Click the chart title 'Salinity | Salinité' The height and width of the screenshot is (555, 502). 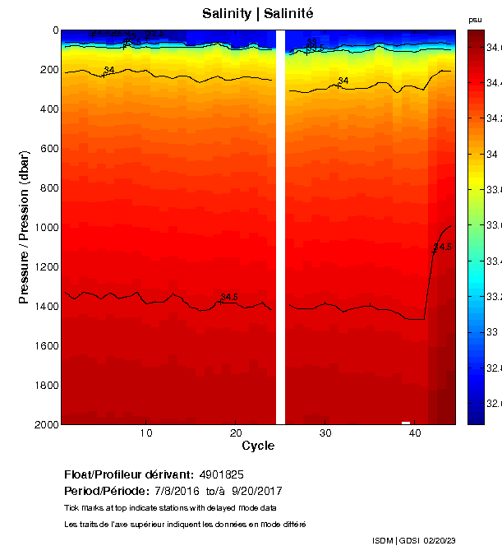tap(257, 14)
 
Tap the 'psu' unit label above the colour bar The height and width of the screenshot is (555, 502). tap(475, 20)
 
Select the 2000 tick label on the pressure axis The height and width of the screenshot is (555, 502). tap(45, 424)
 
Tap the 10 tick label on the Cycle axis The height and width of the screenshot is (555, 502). tap(146, 433)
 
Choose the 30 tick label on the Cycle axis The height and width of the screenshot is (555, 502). tap(325, 433)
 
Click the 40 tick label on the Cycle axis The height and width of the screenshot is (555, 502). tap(415, 433)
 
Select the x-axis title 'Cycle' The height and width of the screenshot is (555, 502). tap(258, 446)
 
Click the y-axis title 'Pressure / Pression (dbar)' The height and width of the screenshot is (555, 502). tap(25, 227)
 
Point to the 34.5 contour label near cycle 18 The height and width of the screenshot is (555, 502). tap(229, 298)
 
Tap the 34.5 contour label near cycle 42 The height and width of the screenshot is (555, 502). tap(443, 247)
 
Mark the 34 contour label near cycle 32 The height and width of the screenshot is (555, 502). tap(343, 81)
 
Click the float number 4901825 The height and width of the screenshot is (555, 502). tap(220, 475)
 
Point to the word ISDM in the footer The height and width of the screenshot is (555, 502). tap(382, 540)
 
